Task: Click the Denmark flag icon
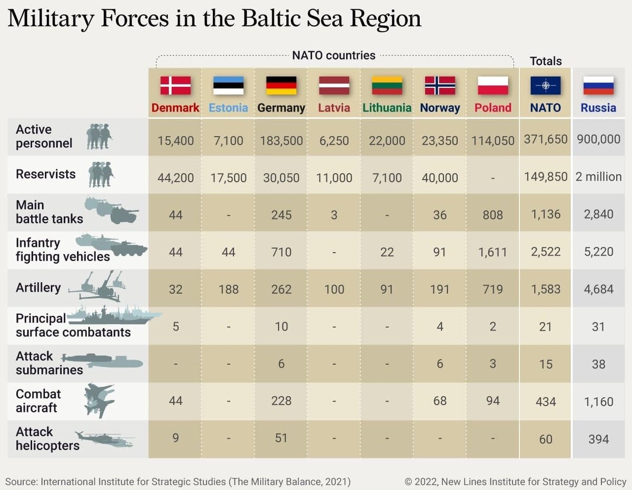pyautogui.click(x=175, y=85)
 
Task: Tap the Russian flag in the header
pyautogui.click(x=598, y=85)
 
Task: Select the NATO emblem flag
pyautogui.click(x=545, y=85)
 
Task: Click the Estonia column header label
pyautogui.click(x=228, y=108)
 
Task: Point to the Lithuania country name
pyautogui.click(x=387, y=108)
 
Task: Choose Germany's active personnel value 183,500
pyautogui.click(x=281, y=141)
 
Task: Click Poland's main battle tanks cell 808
pyautogui.click(x=492, y=215)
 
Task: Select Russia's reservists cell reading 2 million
pyautogui.click(x=598, y=177)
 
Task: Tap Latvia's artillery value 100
pyautogui.click(x=334, y=289)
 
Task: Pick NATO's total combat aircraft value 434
pyautogui.click(x=545, y=402)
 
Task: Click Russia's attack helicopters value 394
pyautogui.click(x=598, y=439)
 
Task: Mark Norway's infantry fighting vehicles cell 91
pyautogui.click(x=440, y=252)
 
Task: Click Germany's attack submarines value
pyautogui.click(x=281, y=364)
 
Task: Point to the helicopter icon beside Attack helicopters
pyautogui.click(x=104, y=439)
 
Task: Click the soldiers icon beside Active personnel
pyautogui.click(x=99, y=136)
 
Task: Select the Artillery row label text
pyautogui.click(x=38, y=288)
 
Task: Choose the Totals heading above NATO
pyautogui.click(x=546, y=61)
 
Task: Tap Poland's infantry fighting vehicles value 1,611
pyautogui.click(x=492, y=252)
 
